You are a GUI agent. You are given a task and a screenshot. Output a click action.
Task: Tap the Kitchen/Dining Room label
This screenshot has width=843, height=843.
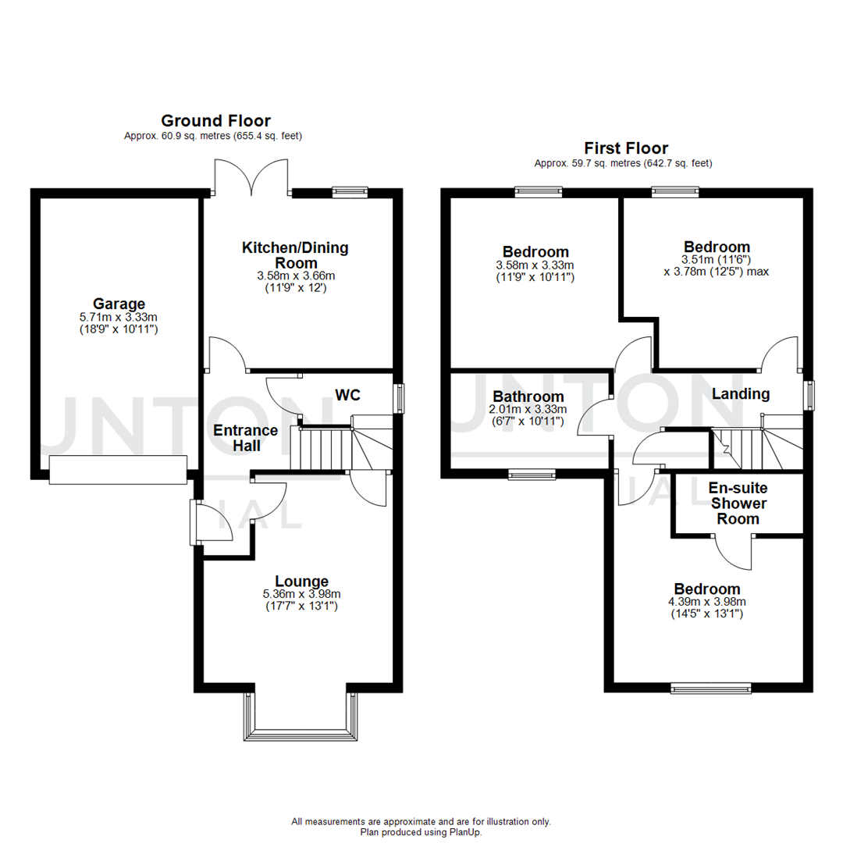tap(295, 255)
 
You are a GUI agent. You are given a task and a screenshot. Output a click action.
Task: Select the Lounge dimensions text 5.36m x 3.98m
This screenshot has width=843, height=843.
tap(301, 594)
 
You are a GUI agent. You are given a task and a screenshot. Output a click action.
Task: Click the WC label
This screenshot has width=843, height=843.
tap(347, 395)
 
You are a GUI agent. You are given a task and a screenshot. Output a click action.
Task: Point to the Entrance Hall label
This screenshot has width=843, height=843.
tap(245, 438)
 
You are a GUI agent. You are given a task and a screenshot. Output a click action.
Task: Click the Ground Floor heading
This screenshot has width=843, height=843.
tap(215, 121)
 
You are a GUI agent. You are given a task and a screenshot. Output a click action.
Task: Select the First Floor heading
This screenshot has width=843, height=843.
tap(625, 148)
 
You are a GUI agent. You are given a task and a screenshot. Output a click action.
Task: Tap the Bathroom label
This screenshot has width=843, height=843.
tap(528, 397)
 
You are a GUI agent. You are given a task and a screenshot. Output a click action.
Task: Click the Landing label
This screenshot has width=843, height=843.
tap(740, 393)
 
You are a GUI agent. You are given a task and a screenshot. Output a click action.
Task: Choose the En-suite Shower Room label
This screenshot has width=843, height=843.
tap(738, 503)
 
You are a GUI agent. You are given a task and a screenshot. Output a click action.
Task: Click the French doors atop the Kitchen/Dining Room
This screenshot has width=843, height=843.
tap(251, 176)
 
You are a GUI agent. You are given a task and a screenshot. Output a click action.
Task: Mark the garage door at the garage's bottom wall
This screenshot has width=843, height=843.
tap(118, 468)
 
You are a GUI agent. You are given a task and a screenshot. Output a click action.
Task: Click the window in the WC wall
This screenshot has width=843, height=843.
tap(400, 397)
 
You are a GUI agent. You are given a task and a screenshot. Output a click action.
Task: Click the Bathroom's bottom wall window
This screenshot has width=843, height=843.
tap(532, 472)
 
